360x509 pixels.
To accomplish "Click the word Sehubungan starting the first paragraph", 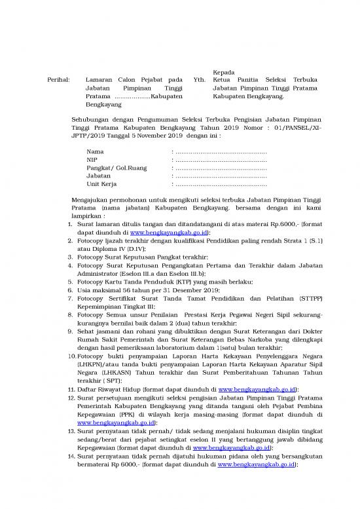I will pyautogui.click(x=90, y=119).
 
